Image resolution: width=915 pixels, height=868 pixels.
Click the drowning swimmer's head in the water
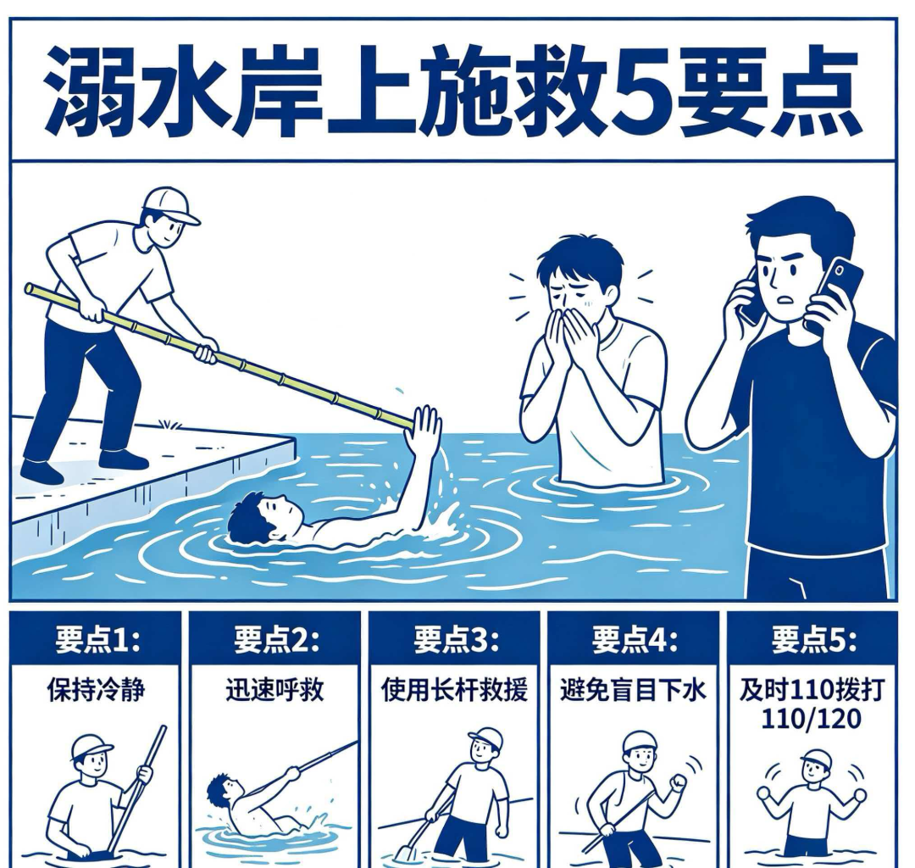pyautogui.click(x=263, y=516)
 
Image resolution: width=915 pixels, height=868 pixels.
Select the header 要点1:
pyautogui.click(x=97, y=640)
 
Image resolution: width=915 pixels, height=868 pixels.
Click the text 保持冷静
pyautogui.click(x=96, y=690)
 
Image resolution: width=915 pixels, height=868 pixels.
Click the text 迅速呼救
pyautogui.click(x=274, y=690)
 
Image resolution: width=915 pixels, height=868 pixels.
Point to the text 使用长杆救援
pyautogui.click(x=454, y=690)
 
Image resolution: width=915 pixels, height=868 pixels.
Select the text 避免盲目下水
pyautogui.click(x=633, y=690)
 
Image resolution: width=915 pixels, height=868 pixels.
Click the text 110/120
pyautogui.click(x=811, y=718)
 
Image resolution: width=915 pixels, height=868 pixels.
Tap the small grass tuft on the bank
pyautogui.click(x=169, y=424)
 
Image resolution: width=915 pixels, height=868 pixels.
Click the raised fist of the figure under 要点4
pyautogui.click(x=679, y=782)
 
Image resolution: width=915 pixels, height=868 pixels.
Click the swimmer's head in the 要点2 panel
pyautogui.click(x=220, y=789)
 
